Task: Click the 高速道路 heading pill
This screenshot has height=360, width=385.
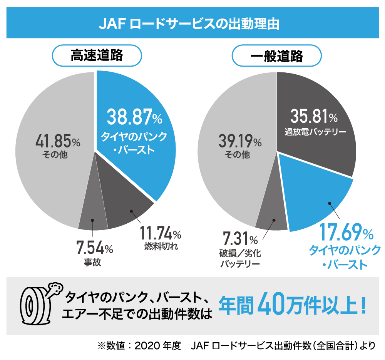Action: [96, 56]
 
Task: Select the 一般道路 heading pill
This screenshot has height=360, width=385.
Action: [276, 56]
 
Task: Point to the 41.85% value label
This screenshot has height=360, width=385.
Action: [58, 141]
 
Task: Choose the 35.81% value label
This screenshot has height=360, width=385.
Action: [314, 116]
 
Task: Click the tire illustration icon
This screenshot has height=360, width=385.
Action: [38, 304]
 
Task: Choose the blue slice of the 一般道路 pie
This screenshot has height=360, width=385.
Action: [320, 200]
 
